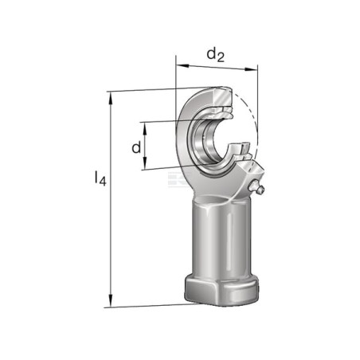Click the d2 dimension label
tap(216, 55)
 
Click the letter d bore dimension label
tap(136, 147)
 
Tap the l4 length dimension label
tap(100, 178)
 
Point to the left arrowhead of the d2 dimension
tap(182, 65)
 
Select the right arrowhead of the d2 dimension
tap(251, 69)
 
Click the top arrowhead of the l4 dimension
tap(110, 98)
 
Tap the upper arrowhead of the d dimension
tap(145, 129)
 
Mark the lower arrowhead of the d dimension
tap(145, 162)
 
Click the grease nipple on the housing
tap(256, 187)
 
